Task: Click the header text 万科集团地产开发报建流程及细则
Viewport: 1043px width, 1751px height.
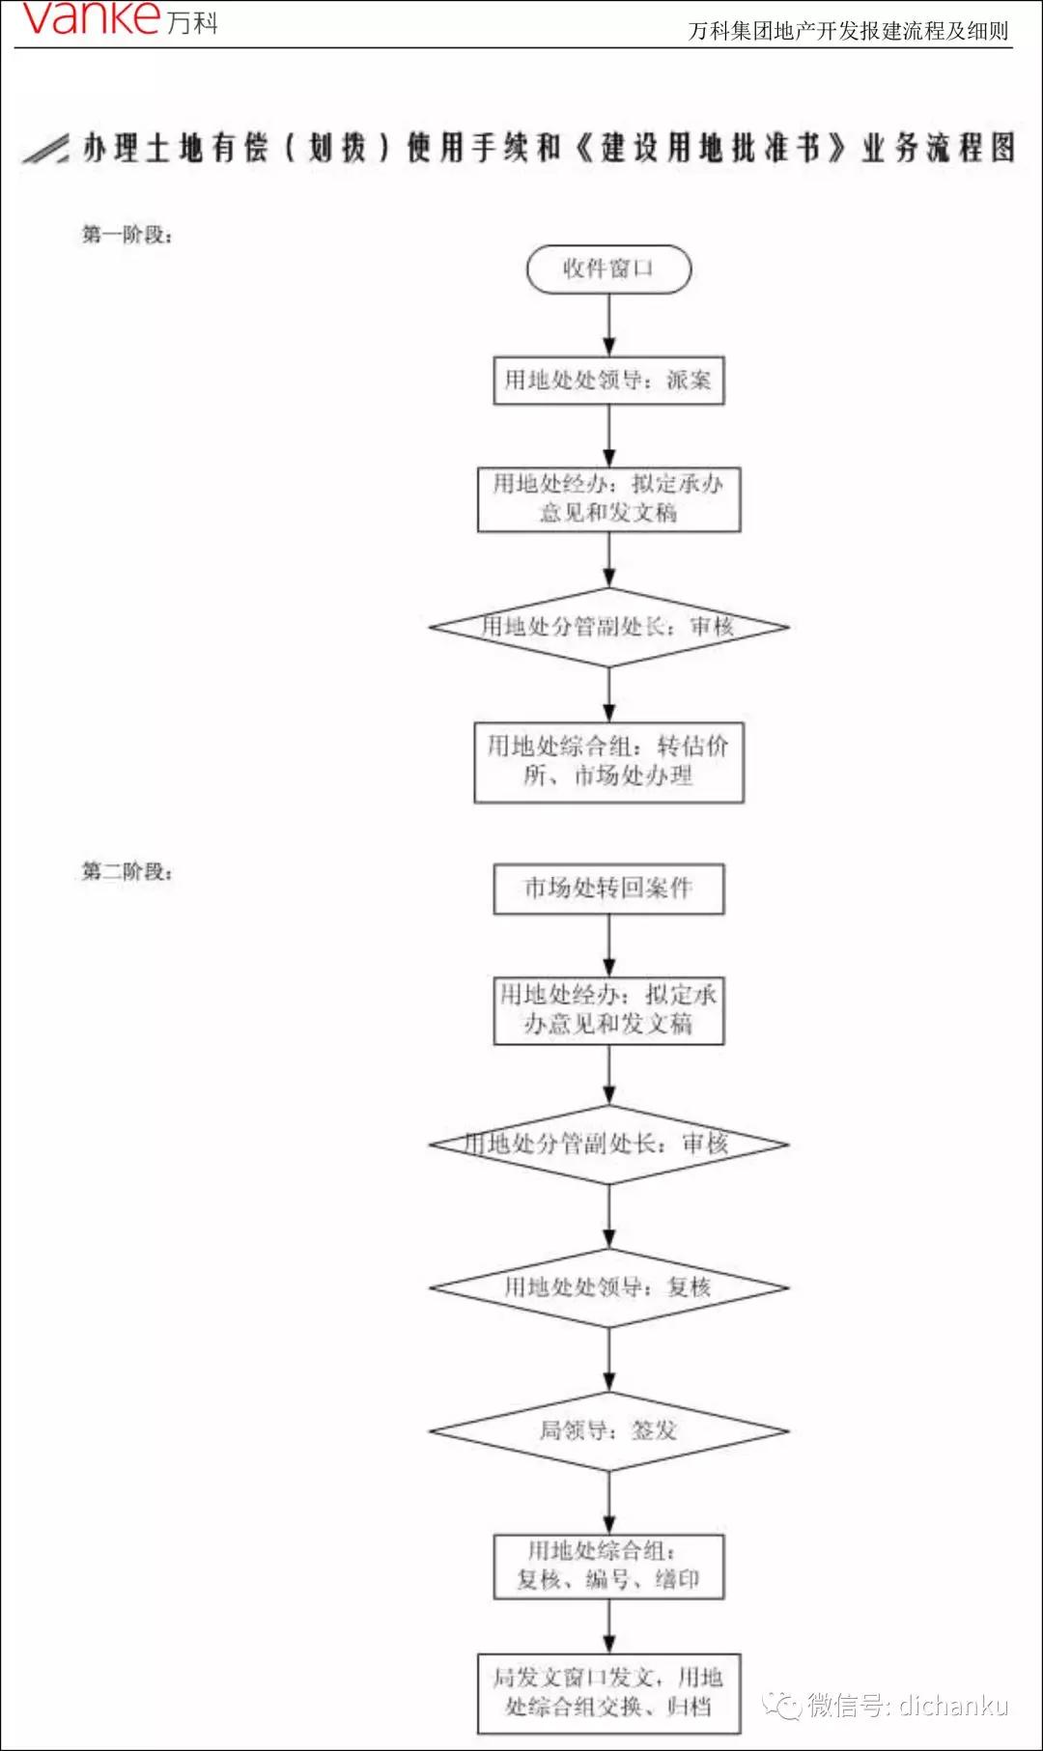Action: point(847,31)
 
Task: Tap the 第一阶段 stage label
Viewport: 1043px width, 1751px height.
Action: point(127,235)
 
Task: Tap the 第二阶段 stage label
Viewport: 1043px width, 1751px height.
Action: point(127,871)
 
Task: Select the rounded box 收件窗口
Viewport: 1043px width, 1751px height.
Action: point(608,268)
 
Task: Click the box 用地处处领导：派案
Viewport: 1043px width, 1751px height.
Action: point(608,381)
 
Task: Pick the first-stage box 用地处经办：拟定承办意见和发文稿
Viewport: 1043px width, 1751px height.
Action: point(608,498)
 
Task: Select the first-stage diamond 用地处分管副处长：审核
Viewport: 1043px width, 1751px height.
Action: point(608,627)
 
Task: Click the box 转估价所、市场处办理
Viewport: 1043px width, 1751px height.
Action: point(608,761)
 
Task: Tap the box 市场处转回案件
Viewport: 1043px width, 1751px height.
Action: point(608,889)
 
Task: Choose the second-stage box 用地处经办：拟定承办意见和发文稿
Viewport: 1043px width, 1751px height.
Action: point(608,1009)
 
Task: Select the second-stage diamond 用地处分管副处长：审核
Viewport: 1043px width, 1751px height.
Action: point(608,1144)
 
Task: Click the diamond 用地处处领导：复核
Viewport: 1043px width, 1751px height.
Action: point(608,1287)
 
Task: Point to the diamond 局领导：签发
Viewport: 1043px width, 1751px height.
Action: point(608,1430)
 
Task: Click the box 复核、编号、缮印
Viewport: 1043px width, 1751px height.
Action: point(608,1566)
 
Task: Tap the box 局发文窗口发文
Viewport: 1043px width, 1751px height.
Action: point(608,1692)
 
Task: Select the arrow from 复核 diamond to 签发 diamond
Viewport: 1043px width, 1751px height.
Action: point(608,1360)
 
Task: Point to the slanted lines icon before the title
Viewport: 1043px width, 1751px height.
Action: point(45,149)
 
